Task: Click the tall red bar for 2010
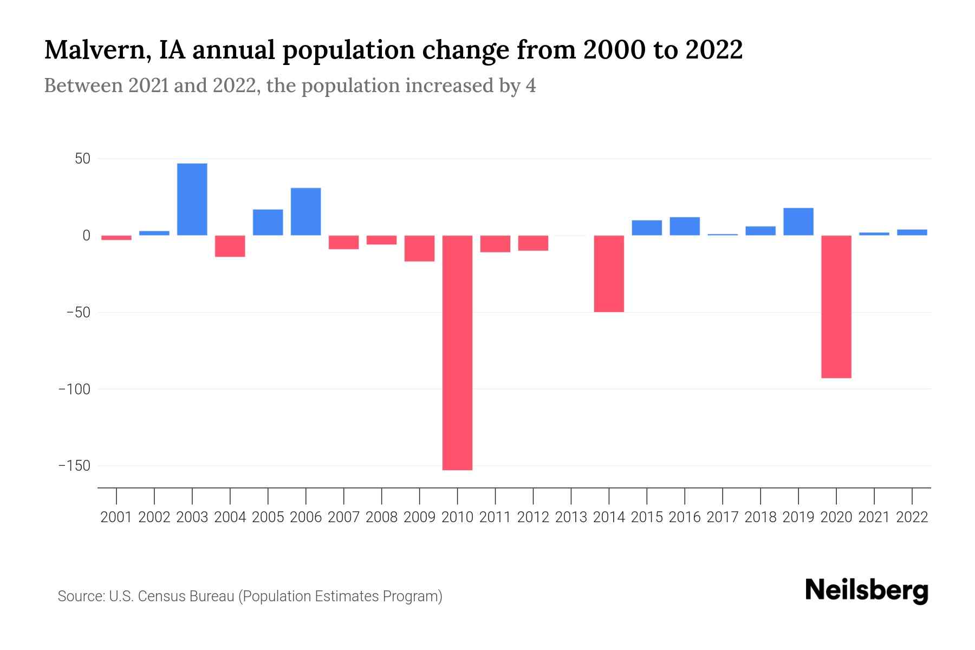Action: [457, 352]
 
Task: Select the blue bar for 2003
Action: [192, 199]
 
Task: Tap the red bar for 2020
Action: [836, 307]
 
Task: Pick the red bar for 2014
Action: [609, 274]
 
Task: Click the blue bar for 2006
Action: [306, 211]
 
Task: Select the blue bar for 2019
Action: [798, 222]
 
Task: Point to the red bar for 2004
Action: [230, 246]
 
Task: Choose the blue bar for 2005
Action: [268, 222]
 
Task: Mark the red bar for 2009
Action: [420, 248]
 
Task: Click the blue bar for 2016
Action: [685, 226]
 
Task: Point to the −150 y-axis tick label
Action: [75, 466]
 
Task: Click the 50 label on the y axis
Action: [82, 159]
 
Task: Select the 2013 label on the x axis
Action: [571, 517]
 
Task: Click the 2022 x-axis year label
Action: [912, 517]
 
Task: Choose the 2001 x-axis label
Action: [116, 517]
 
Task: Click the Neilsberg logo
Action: [867, 590]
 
